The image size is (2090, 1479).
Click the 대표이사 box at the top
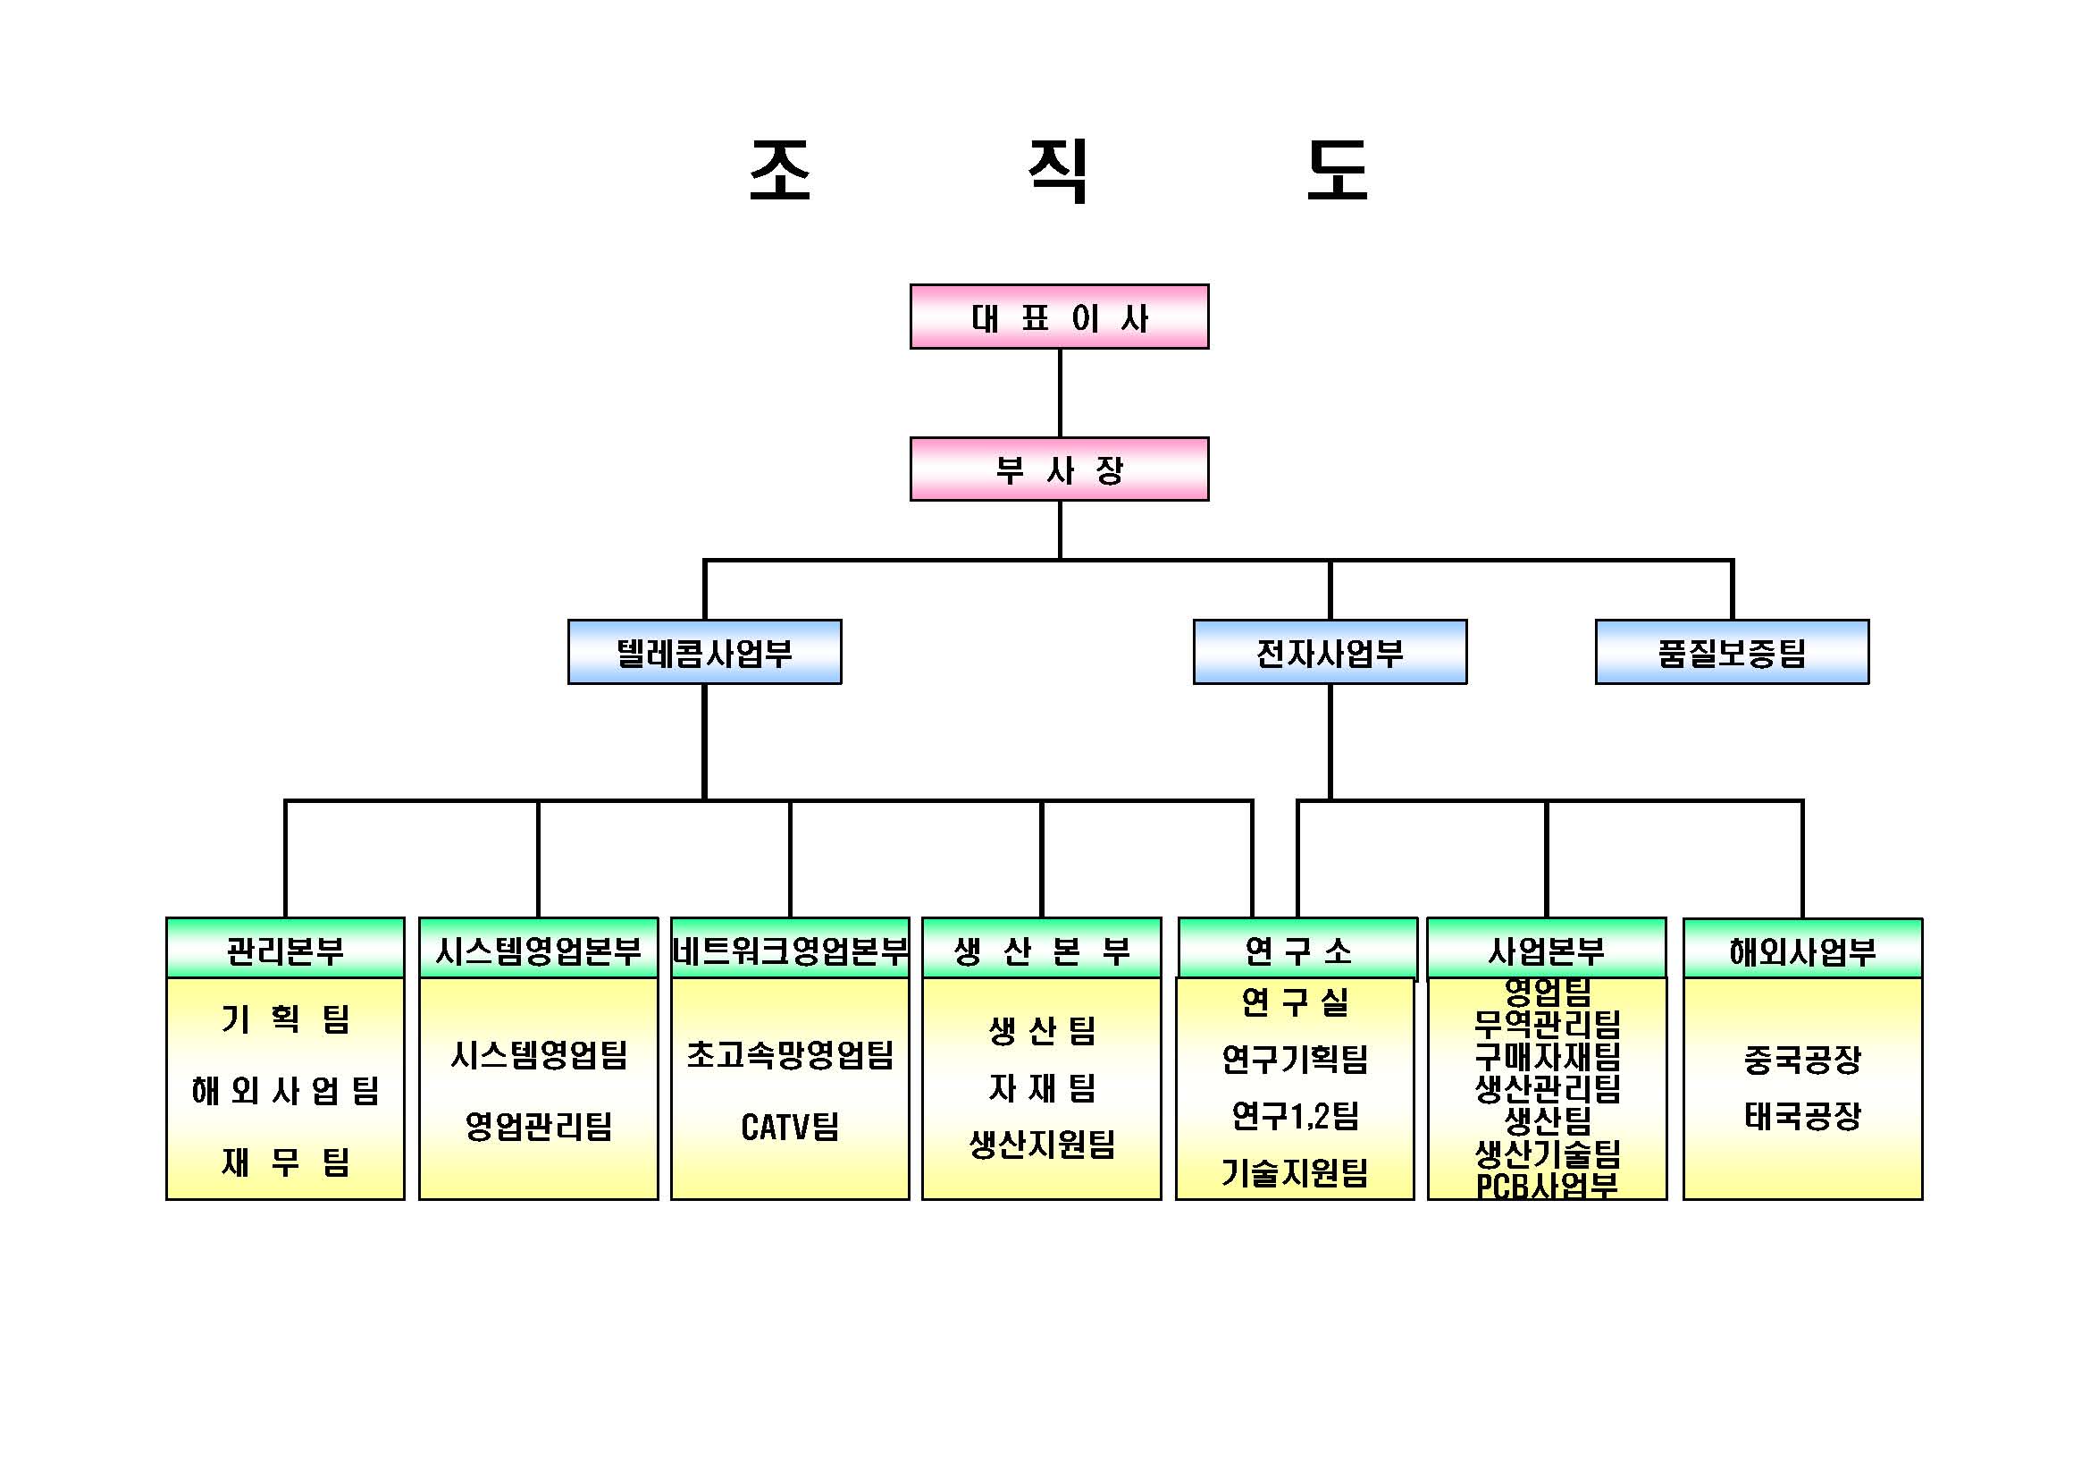(x=1059, y=317)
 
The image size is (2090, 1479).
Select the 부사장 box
(x=1059, y=469)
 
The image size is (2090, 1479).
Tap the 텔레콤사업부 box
(x=703, y=652)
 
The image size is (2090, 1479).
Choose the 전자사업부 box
(x=1329, y=652)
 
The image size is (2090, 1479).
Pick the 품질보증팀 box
(x=1732, y=652)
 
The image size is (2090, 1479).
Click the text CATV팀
(x=789, y=1127)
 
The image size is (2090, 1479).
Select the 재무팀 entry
(x=285, y=1162)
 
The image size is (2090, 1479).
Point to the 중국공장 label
(x=1802, y=1058)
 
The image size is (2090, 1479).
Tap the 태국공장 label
(x=1802, y=1115)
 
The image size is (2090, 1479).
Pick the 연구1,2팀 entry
(x=1295, y=1115)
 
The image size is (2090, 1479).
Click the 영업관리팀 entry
(x=538, y=1126)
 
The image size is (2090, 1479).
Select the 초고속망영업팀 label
(x=789, y=1053)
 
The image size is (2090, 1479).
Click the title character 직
(x=1058, y=171)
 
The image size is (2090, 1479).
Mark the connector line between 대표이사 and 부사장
(x=1060, y=393)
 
